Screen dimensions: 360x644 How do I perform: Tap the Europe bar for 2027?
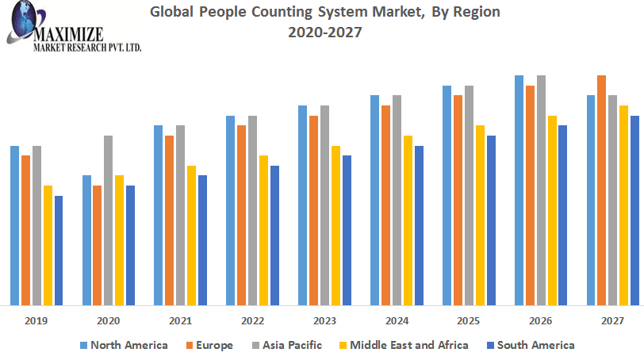tap(601, 190)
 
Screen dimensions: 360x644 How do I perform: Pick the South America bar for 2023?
tap(347, 230)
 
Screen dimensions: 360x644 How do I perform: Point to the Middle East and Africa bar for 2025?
tap(480, 215)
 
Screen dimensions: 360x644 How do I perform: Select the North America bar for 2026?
tap(519, 190)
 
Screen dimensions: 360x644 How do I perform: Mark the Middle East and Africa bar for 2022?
tap(263, 230)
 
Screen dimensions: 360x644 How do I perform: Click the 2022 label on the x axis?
tap(253, 321)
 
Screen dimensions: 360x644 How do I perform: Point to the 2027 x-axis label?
tap(612, 321)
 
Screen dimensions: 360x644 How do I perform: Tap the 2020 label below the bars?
tap(109, 321)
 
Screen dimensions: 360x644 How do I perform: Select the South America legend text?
tap(536, 345)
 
